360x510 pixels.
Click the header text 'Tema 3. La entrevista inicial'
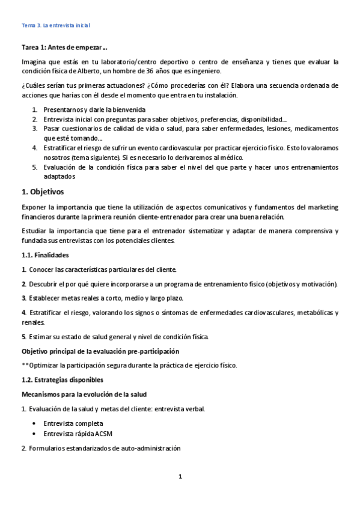55,26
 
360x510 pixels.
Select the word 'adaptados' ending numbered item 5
59,177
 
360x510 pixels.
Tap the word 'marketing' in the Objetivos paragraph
323,207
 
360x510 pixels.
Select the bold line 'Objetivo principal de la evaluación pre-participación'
100,351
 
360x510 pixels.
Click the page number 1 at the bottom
180,477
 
